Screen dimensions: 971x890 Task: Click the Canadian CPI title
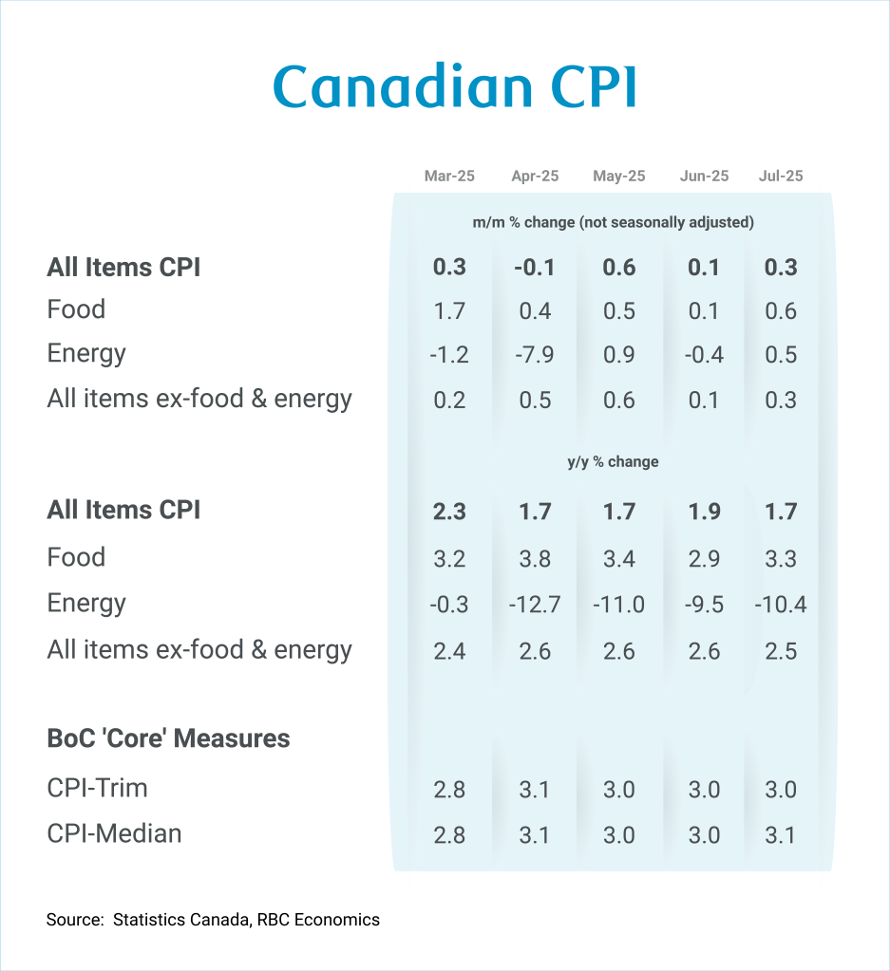click(x=454, y=88)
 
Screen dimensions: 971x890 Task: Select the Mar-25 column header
click(x=449, y=177)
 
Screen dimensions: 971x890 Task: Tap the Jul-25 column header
click(x=781, y=177)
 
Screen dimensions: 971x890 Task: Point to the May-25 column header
click(x=618, y=177)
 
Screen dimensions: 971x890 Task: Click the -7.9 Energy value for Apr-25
click(x=535, y=355)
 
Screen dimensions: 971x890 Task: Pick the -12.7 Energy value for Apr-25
click(x=535, y=604)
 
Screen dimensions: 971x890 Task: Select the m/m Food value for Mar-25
click(x=449, y=310)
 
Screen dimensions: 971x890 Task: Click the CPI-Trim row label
click(x=97, y=788)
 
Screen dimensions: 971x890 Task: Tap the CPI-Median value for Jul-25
click(x=781, y=835)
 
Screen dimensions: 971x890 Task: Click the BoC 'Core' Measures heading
click(x=168, y=738)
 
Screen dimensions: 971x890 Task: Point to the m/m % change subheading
click(x=613, y=223)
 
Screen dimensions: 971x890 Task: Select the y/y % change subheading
click(x=613, y=462)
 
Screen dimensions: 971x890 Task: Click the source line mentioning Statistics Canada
click(x=213, y=919)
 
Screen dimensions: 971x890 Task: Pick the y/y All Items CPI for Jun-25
click(x=704, y=513)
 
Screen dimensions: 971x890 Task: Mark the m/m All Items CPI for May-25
click(x=618, y=268)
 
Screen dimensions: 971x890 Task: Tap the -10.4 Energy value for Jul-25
click(x=781, y=604)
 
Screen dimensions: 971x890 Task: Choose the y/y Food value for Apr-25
click(x=535, y=558)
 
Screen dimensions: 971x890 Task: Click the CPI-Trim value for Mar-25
click(x=449, y=790)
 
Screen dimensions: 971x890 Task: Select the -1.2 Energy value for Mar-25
click(x=449, y=355)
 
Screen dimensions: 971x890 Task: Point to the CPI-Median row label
click(x=114, y=833)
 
